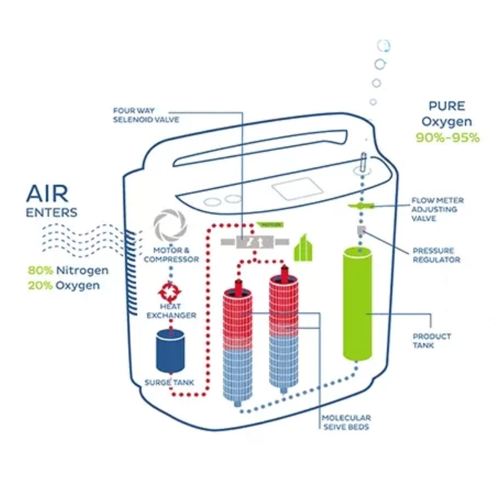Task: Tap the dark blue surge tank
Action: tap(170, 352)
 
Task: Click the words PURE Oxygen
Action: tap(447, 114)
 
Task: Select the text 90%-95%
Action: tap(447, 138)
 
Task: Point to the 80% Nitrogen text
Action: tap(68, 271)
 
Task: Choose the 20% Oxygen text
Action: tap(64, 286)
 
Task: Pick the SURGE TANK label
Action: tap(170, 383)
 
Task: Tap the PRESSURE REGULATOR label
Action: tap(436, 255)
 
